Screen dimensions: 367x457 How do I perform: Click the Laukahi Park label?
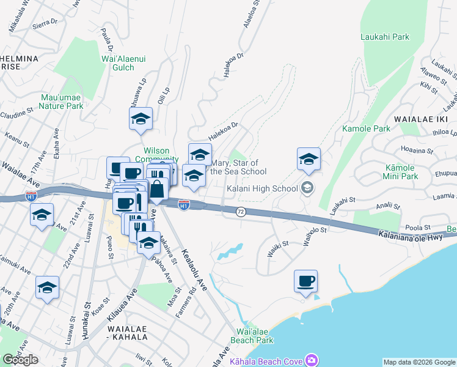384,37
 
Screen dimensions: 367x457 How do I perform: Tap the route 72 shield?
241,211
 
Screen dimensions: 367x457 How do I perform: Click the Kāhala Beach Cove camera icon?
313,360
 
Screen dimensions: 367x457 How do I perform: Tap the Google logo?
20,360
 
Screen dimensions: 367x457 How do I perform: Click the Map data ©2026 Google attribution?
419,362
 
